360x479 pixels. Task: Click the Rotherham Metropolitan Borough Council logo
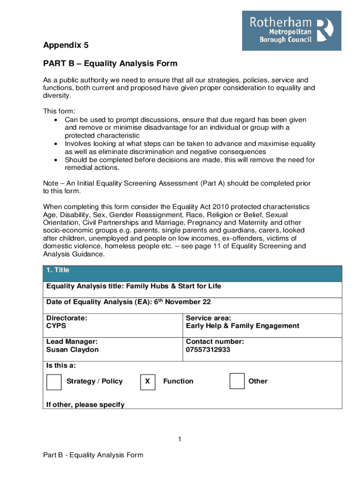(291, 30)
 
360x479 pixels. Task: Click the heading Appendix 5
(65, 45)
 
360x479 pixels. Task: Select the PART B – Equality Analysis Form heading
(110, 64)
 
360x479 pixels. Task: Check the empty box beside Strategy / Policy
(54, 381)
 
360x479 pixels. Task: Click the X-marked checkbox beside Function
(147, 381)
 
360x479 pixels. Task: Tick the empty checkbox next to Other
(237, 381)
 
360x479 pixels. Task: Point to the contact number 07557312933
(208, 350)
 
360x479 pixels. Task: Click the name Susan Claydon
(72, 350)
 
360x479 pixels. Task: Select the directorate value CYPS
(56, 326)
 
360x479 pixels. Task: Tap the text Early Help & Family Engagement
(242, 326)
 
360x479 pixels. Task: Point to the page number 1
(179, 439)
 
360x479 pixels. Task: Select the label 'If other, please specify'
(85, 405)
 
